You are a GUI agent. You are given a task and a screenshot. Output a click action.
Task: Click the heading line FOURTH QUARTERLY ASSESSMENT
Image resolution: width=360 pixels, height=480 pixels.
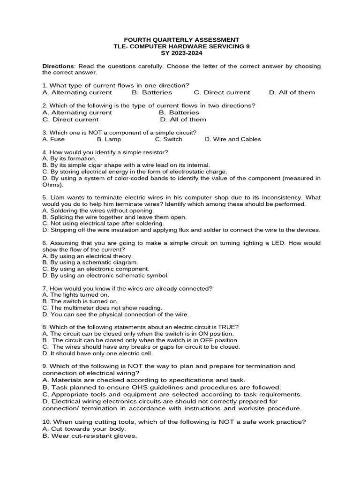pyautogui.click(x=181, y=40)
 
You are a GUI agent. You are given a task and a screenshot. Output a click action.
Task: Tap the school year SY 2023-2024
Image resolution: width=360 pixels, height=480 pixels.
pyautogui.click(x=181, y=53)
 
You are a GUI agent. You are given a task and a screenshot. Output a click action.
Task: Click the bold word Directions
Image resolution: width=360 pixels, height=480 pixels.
pyautogui.click(x=58, y=66)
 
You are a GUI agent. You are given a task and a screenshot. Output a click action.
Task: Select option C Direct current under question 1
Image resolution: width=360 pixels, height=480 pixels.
pyautogui.click(x=222, y=92)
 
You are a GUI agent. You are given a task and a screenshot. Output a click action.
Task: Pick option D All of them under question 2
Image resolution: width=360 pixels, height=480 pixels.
pyautogui.click(x=183, y=120)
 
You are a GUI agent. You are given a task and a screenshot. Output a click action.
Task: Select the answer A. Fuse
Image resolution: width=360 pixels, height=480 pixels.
pyautogui.click(x=53, y=139)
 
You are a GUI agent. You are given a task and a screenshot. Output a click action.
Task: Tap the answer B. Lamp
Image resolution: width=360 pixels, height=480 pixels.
pyautogui.click(x=109, y=139)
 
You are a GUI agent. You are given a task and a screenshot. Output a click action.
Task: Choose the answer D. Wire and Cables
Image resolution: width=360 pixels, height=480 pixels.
pyautogui.click(x=232, y=139)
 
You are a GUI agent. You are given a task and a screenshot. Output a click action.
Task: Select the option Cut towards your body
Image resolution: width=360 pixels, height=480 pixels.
pyautogui.click(x=84, y=429)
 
